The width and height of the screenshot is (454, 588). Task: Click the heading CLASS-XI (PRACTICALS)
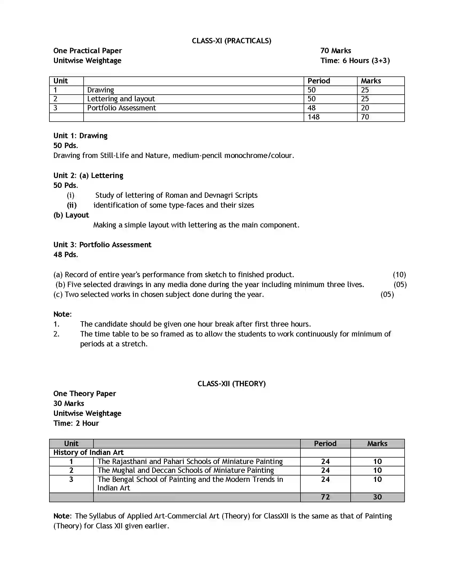(x=231, y=41)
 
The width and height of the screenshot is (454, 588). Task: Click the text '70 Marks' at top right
(x=335, y=51)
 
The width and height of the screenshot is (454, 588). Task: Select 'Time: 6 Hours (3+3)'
(x=355, y=61)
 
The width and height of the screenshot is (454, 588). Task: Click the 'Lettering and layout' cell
(x=121, y=99)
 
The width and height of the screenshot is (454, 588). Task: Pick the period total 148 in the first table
(x=314, y=117)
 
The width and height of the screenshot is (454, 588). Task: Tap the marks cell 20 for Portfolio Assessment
(x=365, y=108)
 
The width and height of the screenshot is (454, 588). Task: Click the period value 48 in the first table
(x=311, y=108)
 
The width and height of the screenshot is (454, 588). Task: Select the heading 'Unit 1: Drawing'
(x=80, y=136)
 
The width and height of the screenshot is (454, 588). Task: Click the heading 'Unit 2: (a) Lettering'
(x=88, y=176)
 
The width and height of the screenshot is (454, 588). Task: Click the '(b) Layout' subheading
(x=71, y=215)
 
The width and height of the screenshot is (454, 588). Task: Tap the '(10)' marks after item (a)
(x=399, y=274)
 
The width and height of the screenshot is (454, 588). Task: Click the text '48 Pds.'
(x=66, y=255)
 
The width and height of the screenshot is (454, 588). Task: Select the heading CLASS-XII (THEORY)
(x=231, y=384)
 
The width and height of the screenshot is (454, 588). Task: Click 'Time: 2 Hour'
(x=76, y=423)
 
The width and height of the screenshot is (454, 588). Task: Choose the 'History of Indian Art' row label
(x=88, y=452)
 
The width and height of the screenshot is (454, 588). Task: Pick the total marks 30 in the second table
(x=377, y=497)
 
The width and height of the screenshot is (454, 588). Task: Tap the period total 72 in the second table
(x=325, y=497)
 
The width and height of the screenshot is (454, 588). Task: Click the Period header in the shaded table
(x=325, y=443)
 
